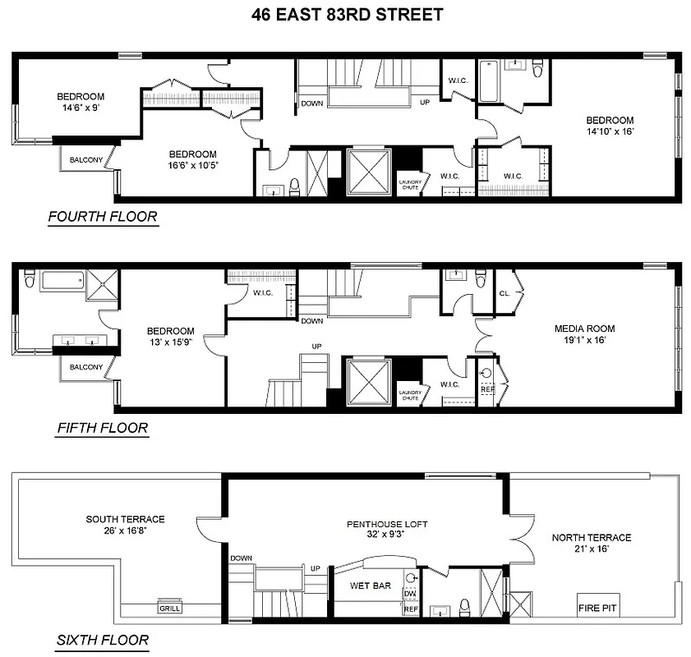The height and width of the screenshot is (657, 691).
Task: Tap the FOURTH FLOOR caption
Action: (103, 218)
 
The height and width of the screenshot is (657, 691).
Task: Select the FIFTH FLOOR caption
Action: (102, 428)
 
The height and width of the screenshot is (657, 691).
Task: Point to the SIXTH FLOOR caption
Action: (102, 641)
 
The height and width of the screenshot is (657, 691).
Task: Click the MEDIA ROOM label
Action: (584, 329)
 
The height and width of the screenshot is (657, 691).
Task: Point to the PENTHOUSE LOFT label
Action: (387, 524)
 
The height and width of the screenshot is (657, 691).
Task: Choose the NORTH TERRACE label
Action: (592, 538)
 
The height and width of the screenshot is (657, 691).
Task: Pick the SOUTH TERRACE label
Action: (126, 519)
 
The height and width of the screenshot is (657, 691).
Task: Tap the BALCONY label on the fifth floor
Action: (85, 367)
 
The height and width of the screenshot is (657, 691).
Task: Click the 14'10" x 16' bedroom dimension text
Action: (610, 131)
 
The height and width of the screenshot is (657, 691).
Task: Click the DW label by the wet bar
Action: (410, 594)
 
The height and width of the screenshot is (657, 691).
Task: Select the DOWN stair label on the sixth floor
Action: (241, 558)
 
